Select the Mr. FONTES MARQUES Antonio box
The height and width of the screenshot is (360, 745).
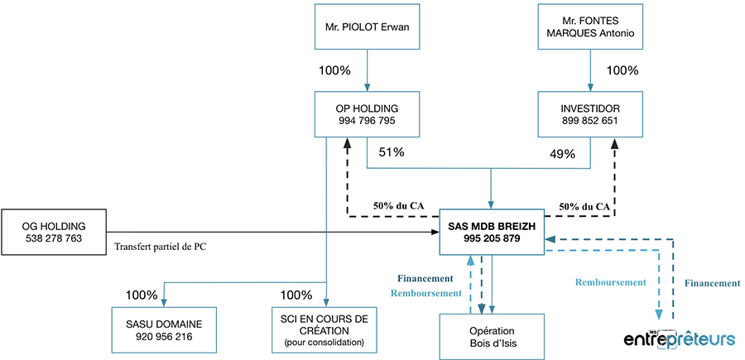590,31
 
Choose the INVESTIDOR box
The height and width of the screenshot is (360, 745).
590,114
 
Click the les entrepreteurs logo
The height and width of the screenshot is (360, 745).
680,338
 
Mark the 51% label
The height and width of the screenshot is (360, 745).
391,152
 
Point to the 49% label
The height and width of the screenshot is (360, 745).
563,154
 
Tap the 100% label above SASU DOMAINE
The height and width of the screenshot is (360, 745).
142,295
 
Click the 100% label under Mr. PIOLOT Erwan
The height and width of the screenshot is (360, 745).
335,70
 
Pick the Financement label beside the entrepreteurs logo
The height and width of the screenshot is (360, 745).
713,283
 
